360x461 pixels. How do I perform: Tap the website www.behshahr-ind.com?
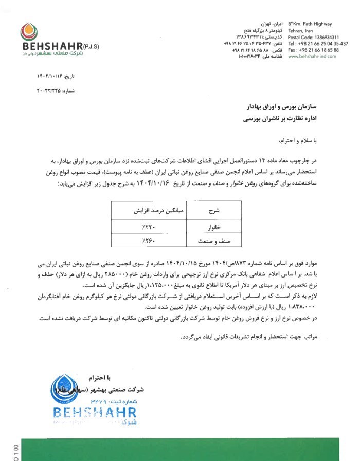[312, 56]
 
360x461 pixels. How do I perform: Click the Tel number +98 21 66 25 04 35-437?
[318, 44]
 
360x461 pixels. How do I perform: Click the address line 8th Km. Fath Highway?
[310, 24]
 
